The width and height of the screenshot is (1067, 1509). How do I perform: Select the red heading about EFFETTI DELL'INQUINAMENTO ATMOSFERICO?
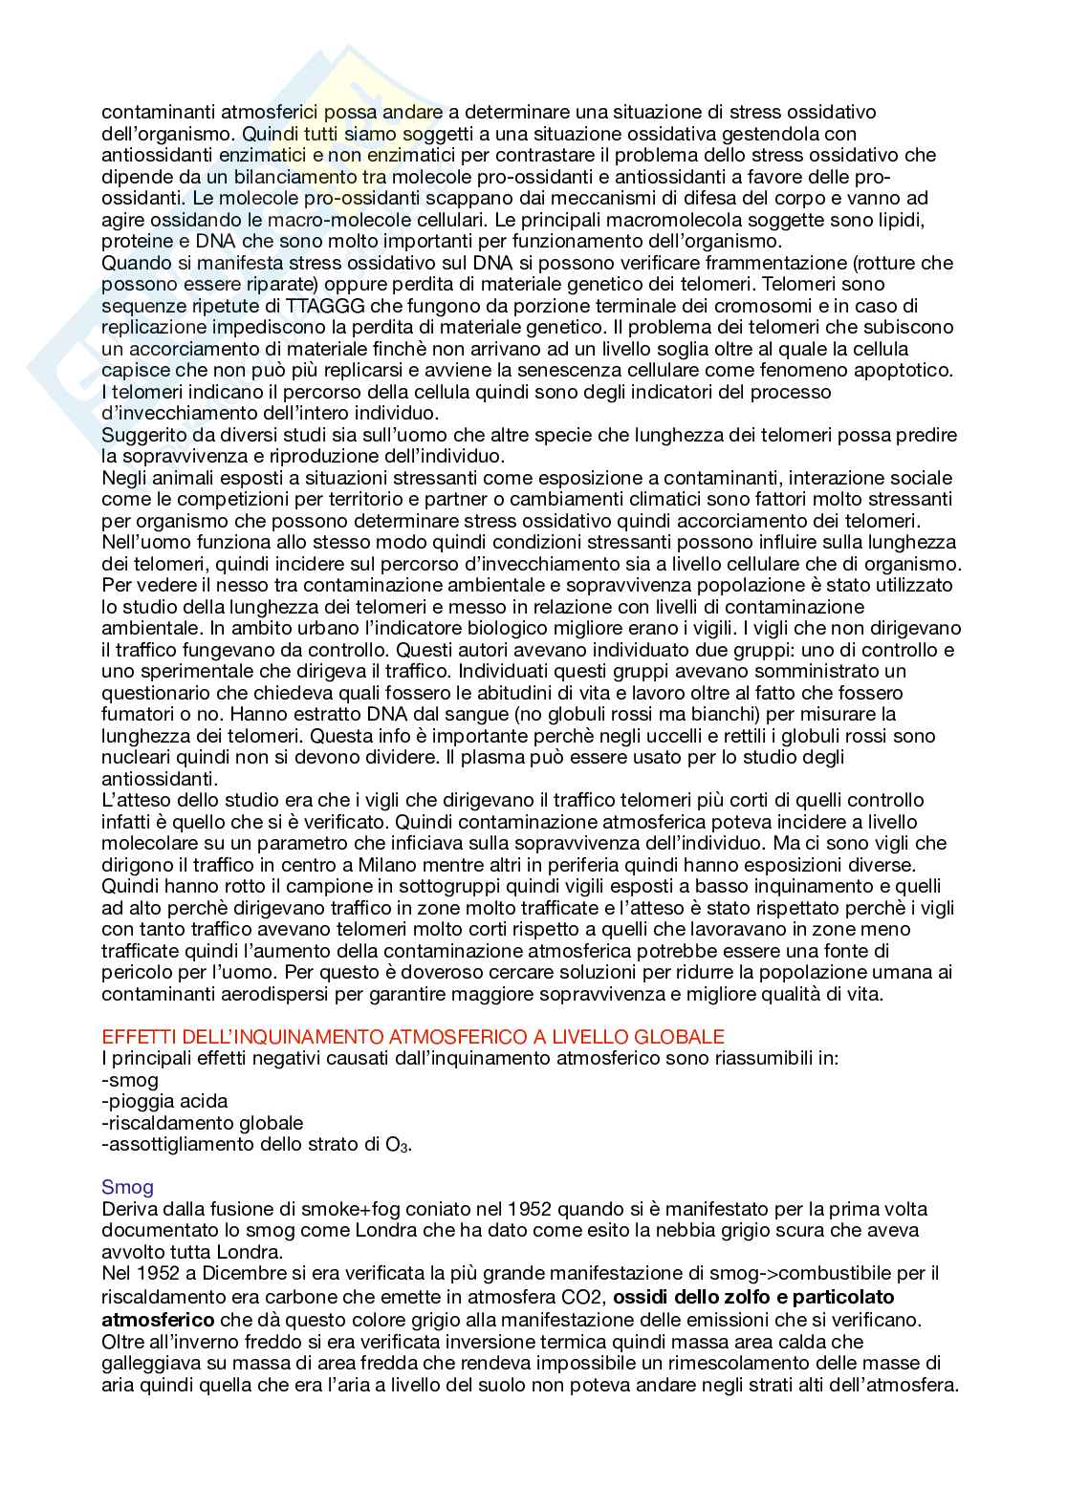[412, 1037]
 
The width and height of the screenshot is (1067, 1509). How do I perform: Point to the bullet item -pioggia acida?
[164, 1102]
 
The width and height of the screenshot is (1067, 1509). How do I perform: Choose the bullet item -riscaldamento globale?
[202, 1123]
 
